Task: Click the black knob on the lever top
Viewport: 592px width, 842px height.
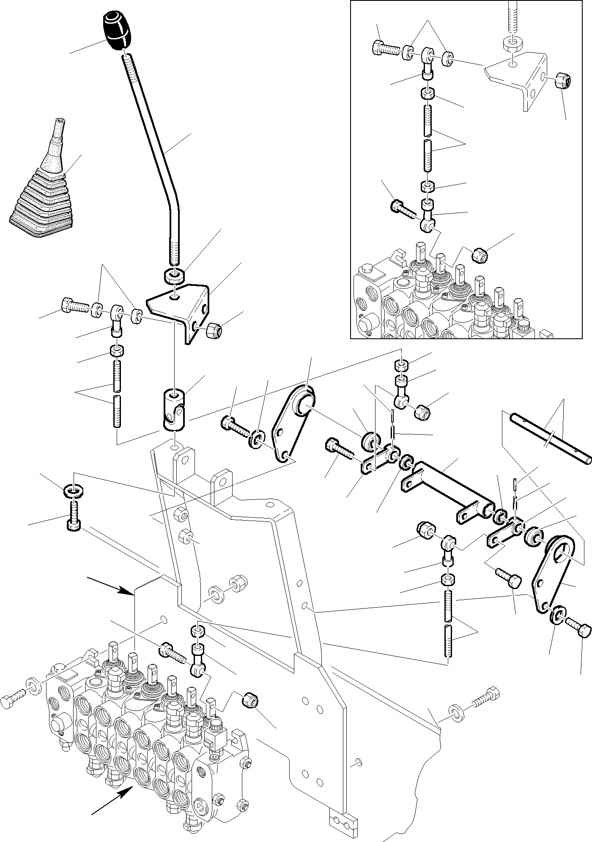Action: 117,31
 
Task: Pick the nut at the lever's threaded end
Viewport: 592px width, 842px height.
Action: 173,276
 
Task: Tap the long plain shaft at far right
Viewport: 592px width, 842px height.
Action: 550,440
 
